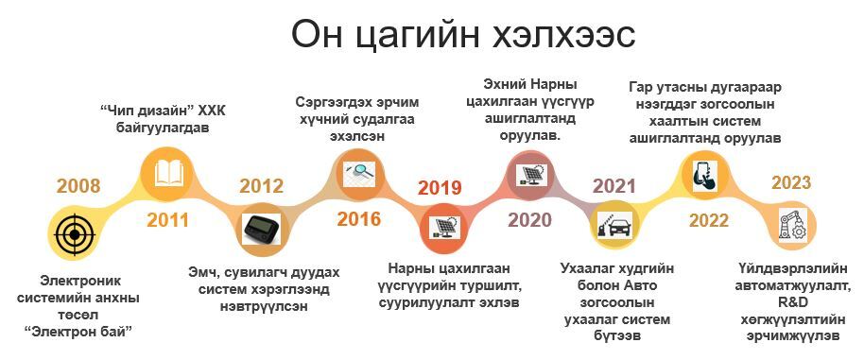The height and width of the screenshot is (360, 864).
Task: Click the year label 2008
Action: tap(78, 186)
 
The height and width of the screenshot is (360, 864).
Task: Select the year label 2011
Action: tap(167, 220)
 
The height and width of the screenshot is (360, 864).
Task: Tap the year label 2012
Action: tap(261, 186)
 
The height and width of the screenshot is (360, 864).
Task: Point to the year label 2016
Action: tap(358, 219)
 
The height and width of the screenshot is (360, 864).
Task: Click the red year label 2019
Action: tap(440, 188)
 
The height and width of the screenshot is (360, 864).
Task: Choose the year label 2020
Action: tap(529, 220)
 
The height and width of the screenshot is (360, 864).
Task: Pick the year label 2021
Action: tap(613, 186)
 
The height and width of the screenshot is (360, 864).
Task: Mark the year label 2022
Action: tap(709, 221)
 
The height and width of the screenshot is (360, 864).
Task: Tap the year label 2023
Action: tap(791, 182)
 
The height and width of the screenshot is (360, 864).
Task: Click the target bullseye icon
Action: tap(75, 235)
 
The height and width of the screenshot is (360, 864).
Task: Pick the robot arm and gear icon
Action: tap(792, 224)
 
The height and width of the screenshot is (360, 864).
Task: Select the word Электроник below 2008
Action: tap(80, 281)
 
